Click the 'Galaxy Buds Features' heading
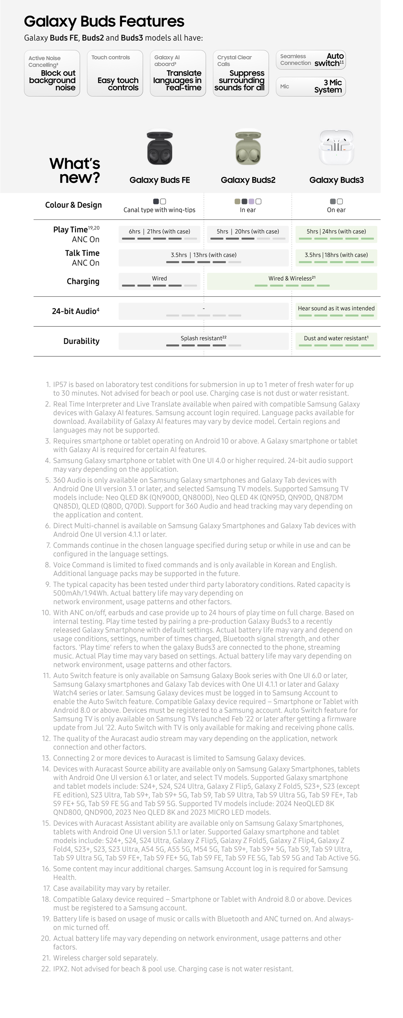tap(104, 21)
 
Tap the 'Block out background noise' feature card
tap(52, 73)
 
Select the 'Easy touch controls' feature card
tap(115, 73)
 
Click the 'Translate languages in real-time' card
tap(178, 73)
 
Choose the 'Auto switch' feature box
tap(310, 60)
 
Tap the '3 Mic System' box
tap(310, 87)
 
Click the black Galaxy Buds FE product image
tap(160, 148)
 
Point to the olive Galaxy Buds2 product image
tap(248, 148)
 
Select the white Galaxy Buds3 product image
tap(336, 147)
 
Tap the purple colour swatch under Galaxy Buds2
tap(251, 202)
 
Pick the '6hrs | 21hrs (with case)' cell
tap(160, 234)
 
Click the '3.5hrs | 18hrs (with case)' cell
tap(336, 257)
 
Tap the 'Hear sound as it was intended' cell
tap(336, 311)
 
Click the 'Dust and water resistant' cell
tap(336, 341)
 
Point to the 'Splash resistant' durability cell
tap(203, 341)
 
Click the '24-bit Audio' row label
tap(76, 311)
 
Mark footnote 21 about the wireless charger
tap(105, 958)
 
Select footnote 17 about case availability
tap(111, 888)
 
